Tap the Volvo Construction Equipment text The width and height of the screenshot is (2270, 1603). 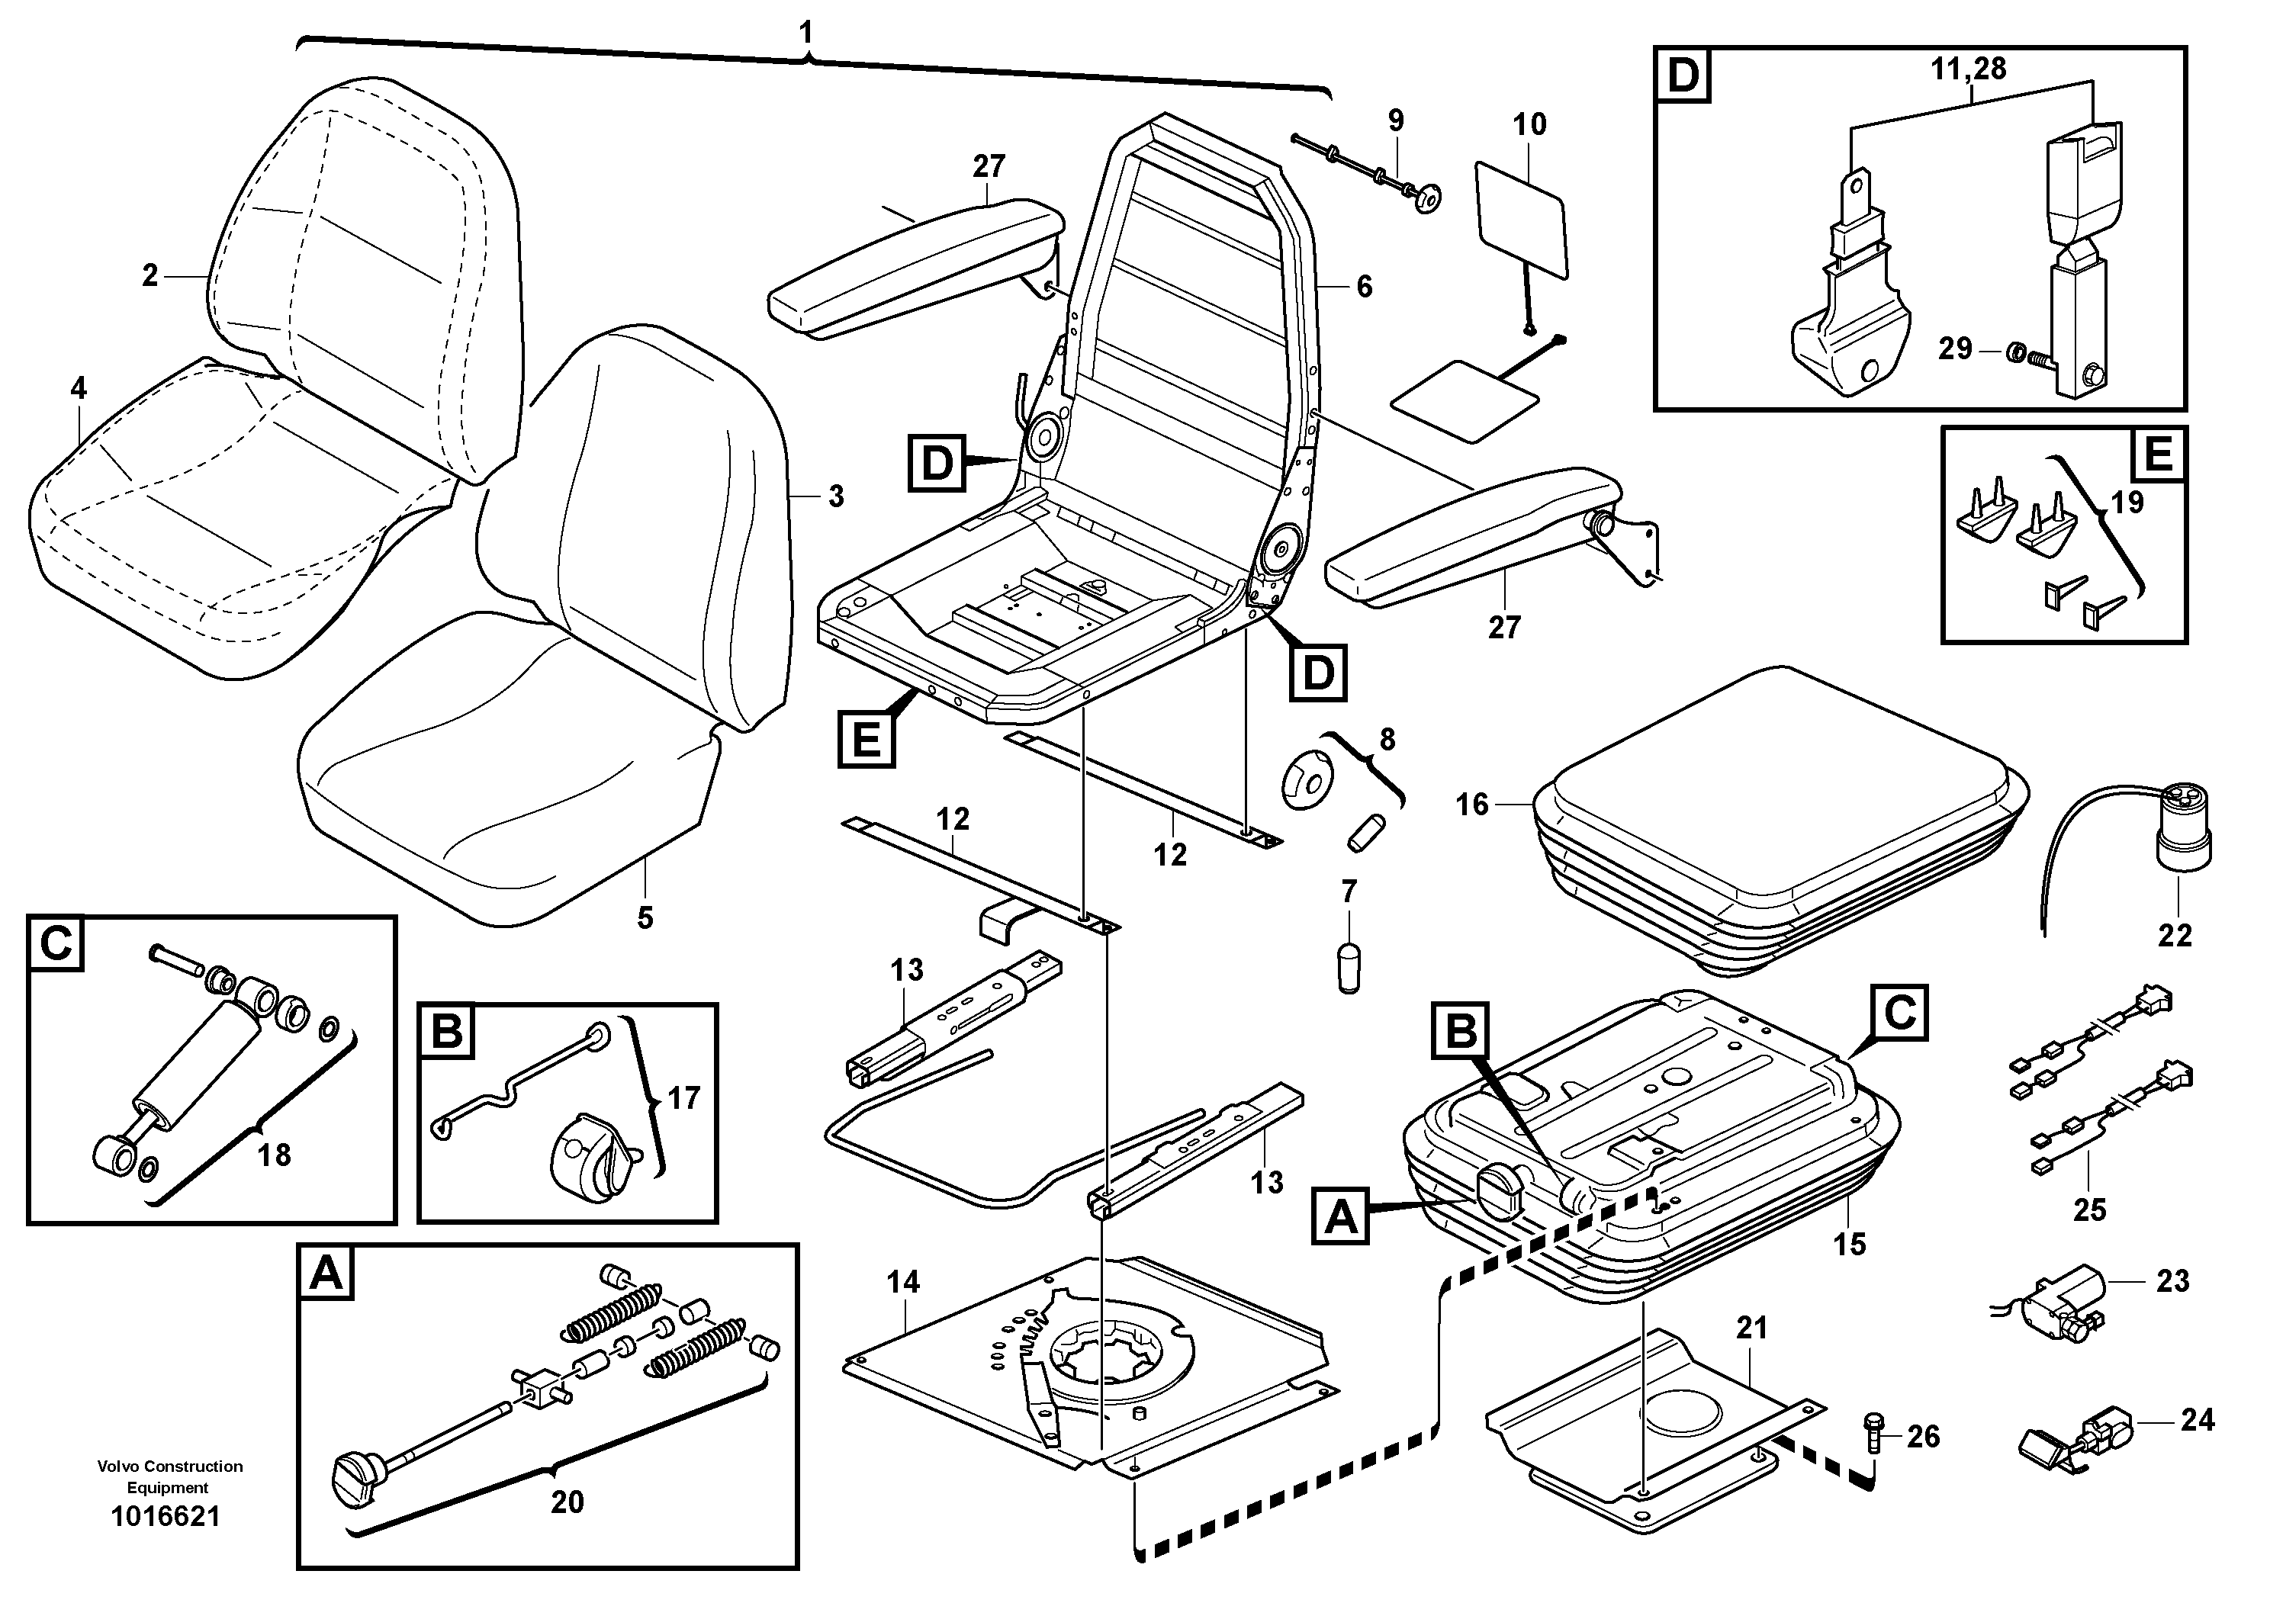(x=169, y=1476)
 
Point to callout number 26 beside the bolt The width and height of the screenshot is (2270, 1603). (x=1923, y=1436)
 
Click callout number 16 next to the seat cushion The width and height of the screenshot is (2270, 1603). (x=1471, y=805)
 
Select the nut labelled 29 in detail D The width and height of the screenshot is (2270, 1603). (x=2010, y=351)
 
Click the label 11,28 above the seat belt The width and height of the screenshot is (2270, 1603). (x=1969, y=69)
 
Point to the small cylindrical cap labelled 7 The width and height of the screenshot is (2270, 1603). (x=1349, y=968)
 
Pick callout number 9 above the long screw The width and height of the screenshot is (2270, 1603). (x=1395, y=120)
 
